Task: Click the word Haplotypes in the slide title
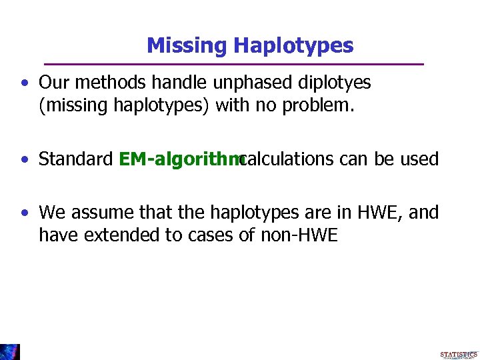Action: click(293, 46)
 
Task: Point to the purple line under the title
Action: click(233, 64)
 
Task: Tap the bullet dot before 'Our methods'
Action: click(24, 83)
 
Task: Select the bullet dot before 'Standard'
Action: click(24, 160)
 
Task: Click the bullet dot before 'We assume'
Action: click(24, 213)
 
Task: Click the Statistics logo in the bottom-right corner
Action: click(459, 354)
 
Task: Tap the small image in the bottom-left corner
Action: click(9, 351)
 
